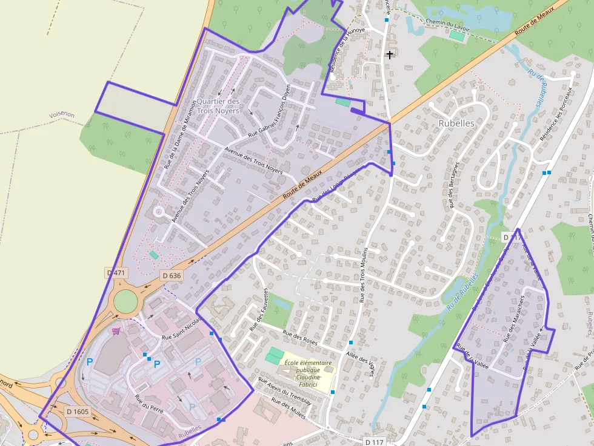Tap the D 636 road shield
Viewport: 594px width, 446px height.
(172, 275)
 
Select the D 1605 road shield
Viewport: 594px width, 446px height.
(77, 412)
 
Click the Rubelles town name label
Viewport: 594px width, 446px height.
(456, 123)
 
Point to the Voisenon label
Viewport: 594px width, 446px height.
(62, 114)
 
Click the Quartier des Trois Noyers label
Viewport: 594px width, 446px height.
(218, 106)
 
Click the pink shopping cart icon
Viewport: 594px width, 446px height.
(116, 330)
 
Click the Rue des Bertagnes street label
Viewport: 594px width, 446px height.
(453, 185)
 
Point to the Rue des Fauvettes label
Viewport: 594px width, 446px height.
(259, 309)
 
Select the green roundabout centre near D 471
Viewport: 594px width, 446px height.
(125, 301)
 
